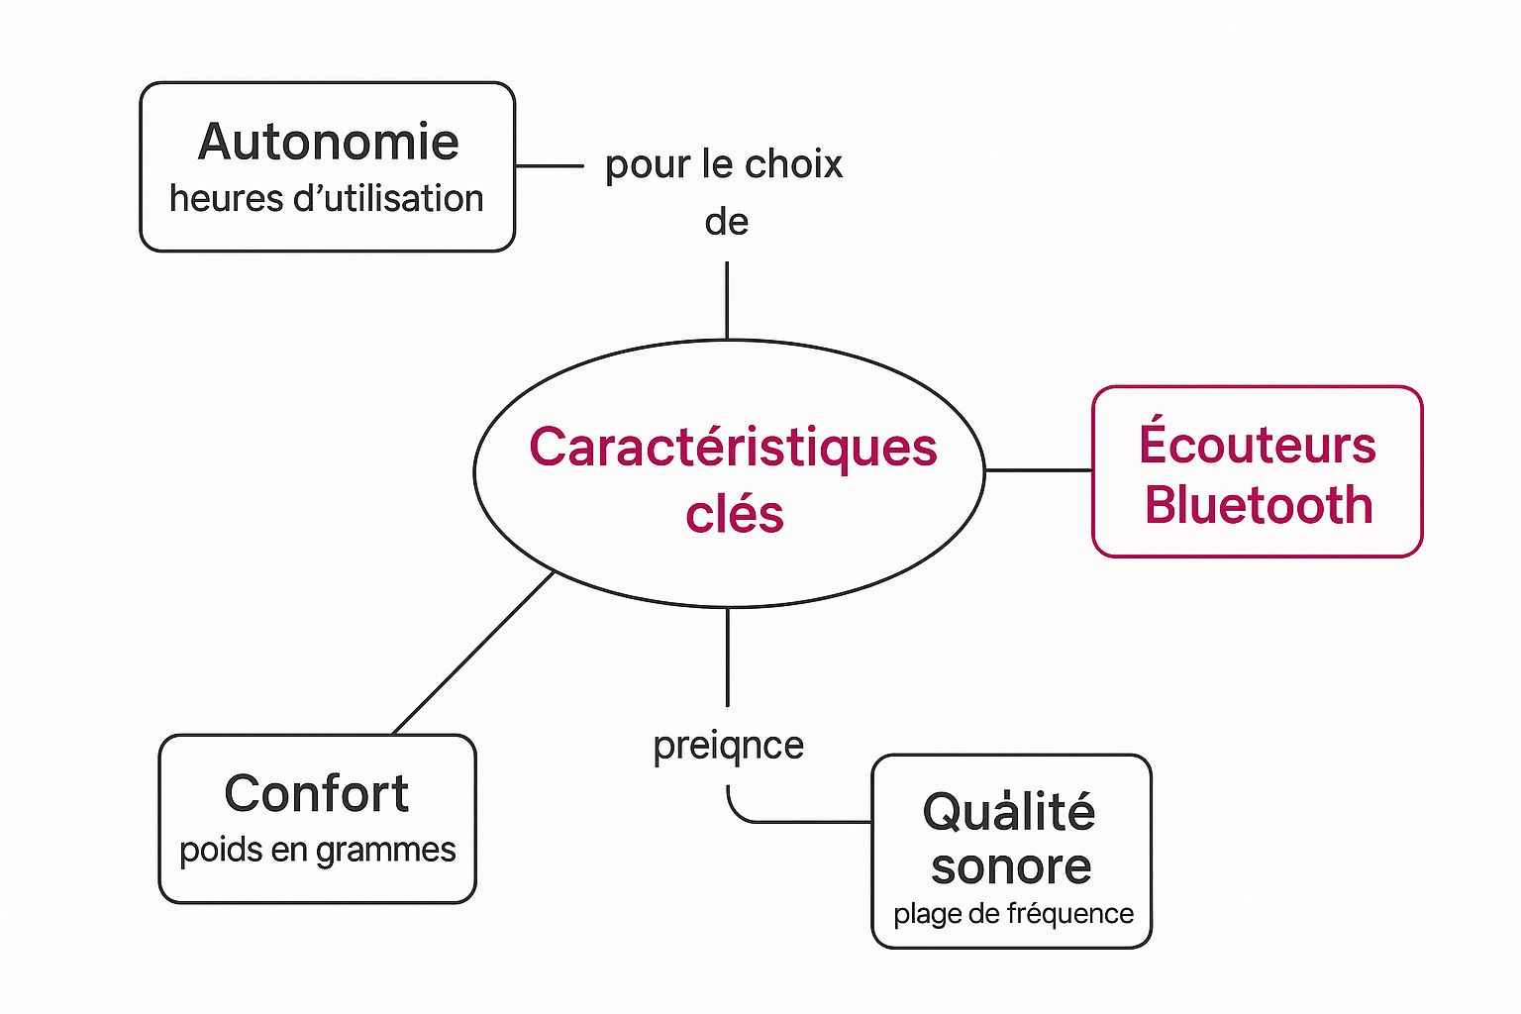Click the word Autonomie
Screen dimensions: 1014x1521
(328, 143)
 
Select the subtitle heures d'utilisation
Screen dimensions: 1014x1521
(326, 199)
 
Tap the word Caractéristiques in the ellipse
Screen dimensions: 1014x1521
(733, 448)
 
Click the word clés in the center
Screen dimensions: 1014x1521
(734, 515)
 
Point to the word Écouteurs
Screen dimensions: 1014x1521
(1257, 445)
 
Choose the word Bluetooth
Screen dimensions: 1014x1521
(1259, 506)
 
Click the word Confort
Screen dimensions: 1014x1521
(316, 794)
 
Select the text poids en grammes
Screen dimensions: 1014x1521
(317, 851)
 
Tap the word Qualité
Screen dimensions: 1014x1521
(1009, 813)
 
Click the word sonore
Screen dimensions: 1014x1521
(1011, 867)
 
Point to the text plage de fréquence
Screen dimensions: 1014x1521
(1013, 914)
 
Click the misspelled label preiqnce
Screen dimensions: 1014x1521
(728, 746)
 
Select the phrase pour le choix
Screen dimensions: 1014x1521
(724, 164)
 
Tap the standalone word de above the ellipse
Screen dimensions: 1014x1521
(726, 222)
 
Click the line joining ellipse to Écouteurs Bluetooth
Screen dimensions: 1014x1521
(1039, 470)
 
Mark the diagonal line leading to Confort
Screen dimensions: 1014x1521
(473, 654)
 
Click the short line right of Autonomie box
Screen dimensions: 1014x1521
(550, 166)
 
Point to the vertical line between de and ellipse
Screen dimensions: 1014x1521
(727, 300)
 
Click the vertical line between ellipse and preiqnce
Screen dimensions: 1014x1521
(728, 657)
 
